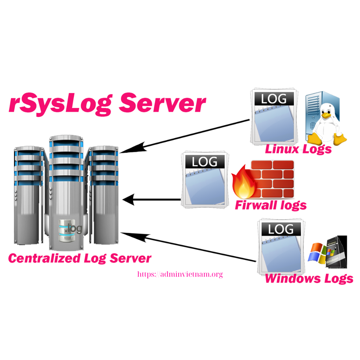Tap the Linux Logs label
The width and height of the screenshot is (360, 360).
click(x=298, y=149)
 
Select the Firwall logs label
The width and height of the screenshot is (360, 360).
click(x=270, y=205)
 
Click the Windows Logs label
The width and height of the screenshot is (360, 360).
click(x=309, y=279)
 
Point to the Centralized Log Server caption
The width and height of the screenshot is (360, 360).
click(x=80, y=258)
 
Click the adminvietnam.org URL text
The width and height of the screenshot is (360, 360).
click(x=180, y=275)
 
